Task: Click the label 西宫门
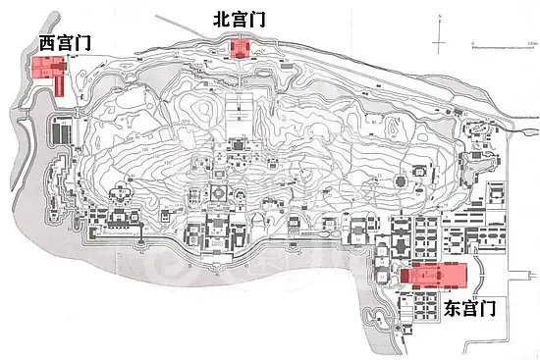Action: click(x=64, y=43)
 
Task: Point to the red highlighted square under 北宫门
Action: click(x=237, y=49)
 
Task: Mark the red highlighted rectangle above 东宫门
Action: click(x=433, y=275)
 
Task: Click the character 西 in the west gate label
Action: click(x=48, y=43)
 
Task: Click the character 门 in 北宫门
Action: click(x=257, y=19)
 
